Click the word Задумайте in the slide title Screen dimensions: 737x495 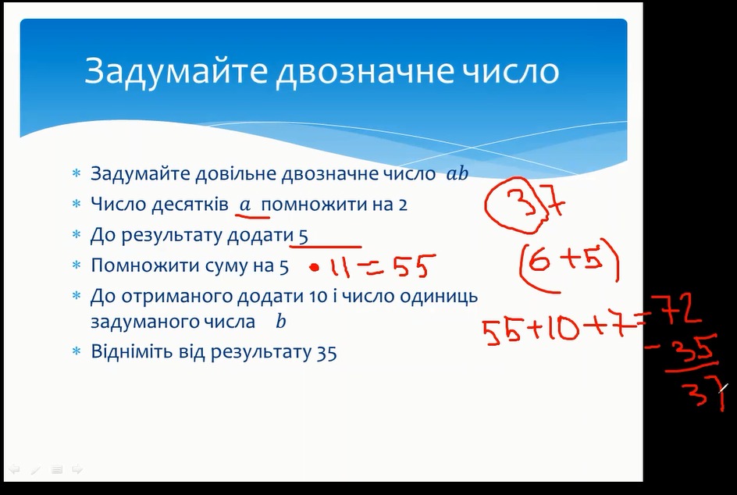[x=176, y=71]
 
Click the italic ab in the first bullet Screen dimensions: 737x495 [x=458, y=173]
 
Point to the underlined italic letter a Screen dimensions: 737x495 [x=245, y=205]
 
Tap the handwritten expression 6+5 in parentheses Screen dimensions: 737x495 [x=569, y=263]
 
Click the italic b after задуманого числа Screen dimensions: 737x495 [x=281, y=322]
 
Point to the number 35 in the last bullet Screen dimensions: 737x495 [x=326, y=353]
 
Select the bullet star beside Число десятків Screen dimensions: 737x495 [x=77, y=204]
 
